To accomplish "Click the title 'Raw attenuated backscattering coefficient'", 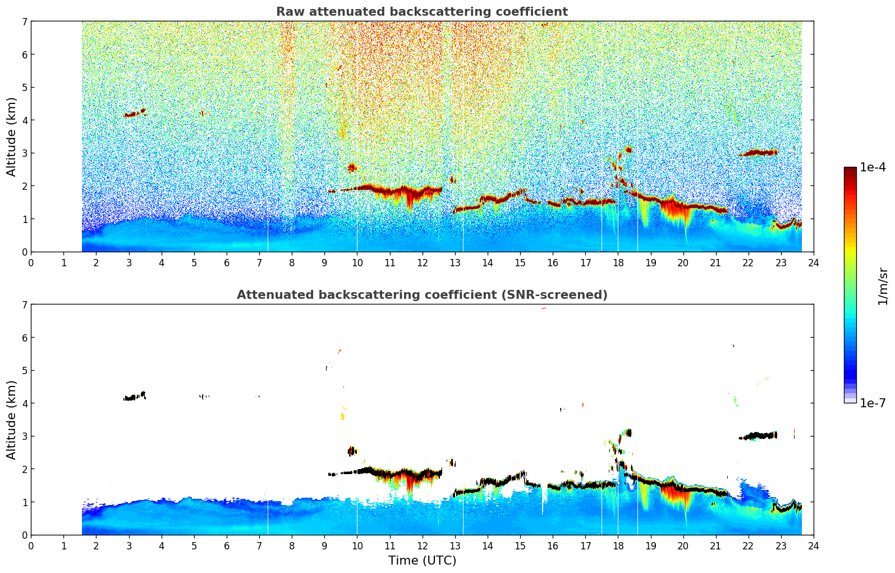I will click(x=421, y=12).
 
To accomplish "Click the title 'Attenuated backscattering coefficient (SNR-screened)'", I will click(x=421, y=295).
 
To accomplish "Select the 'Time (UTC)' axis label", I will click(x=422, y=560).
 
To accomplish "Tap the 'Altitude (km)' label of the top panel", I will click(x=12, y=137).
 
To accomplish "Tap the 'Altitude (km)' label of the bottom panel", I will click(x=12, y=420).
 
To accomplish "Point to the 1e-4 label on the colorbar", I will click(x=873, y=167).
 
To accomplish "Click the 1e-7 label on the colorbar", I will click(x=873, y=403).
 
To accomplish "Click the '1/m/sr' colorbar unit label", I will click(x=883, y=286).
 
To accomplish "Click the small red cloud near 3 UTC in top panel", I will click(x=134, y=113).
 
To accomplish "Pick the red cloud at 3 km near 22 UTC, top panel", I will click(x=759, y=152).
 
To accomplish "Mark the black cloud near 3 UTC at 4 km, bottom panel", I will click(x=135, y=397).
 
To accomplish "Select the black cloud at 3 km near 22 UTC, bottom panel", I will click(x=759, y=435).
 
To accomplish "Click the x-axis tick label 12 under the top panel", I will click(x=422, y=262).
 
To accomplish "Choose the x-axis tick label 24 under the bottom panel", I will click(x=813, y=545).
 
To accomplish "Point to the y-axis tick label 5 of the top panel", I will click(x=24, y=87).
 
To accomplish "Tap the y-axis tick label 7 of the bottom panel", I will click(x=24, y=304).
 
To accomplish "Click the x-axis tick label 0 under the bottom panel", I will click(x=31, y=545).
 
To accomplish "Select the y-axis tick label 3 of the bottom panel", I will click(x=24, y=436).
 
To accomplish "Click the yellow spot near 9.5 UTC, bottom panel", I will click(x=342, y=416).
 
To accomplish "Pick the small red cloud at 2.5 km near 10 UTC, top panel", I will click(x=352, y=167).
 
